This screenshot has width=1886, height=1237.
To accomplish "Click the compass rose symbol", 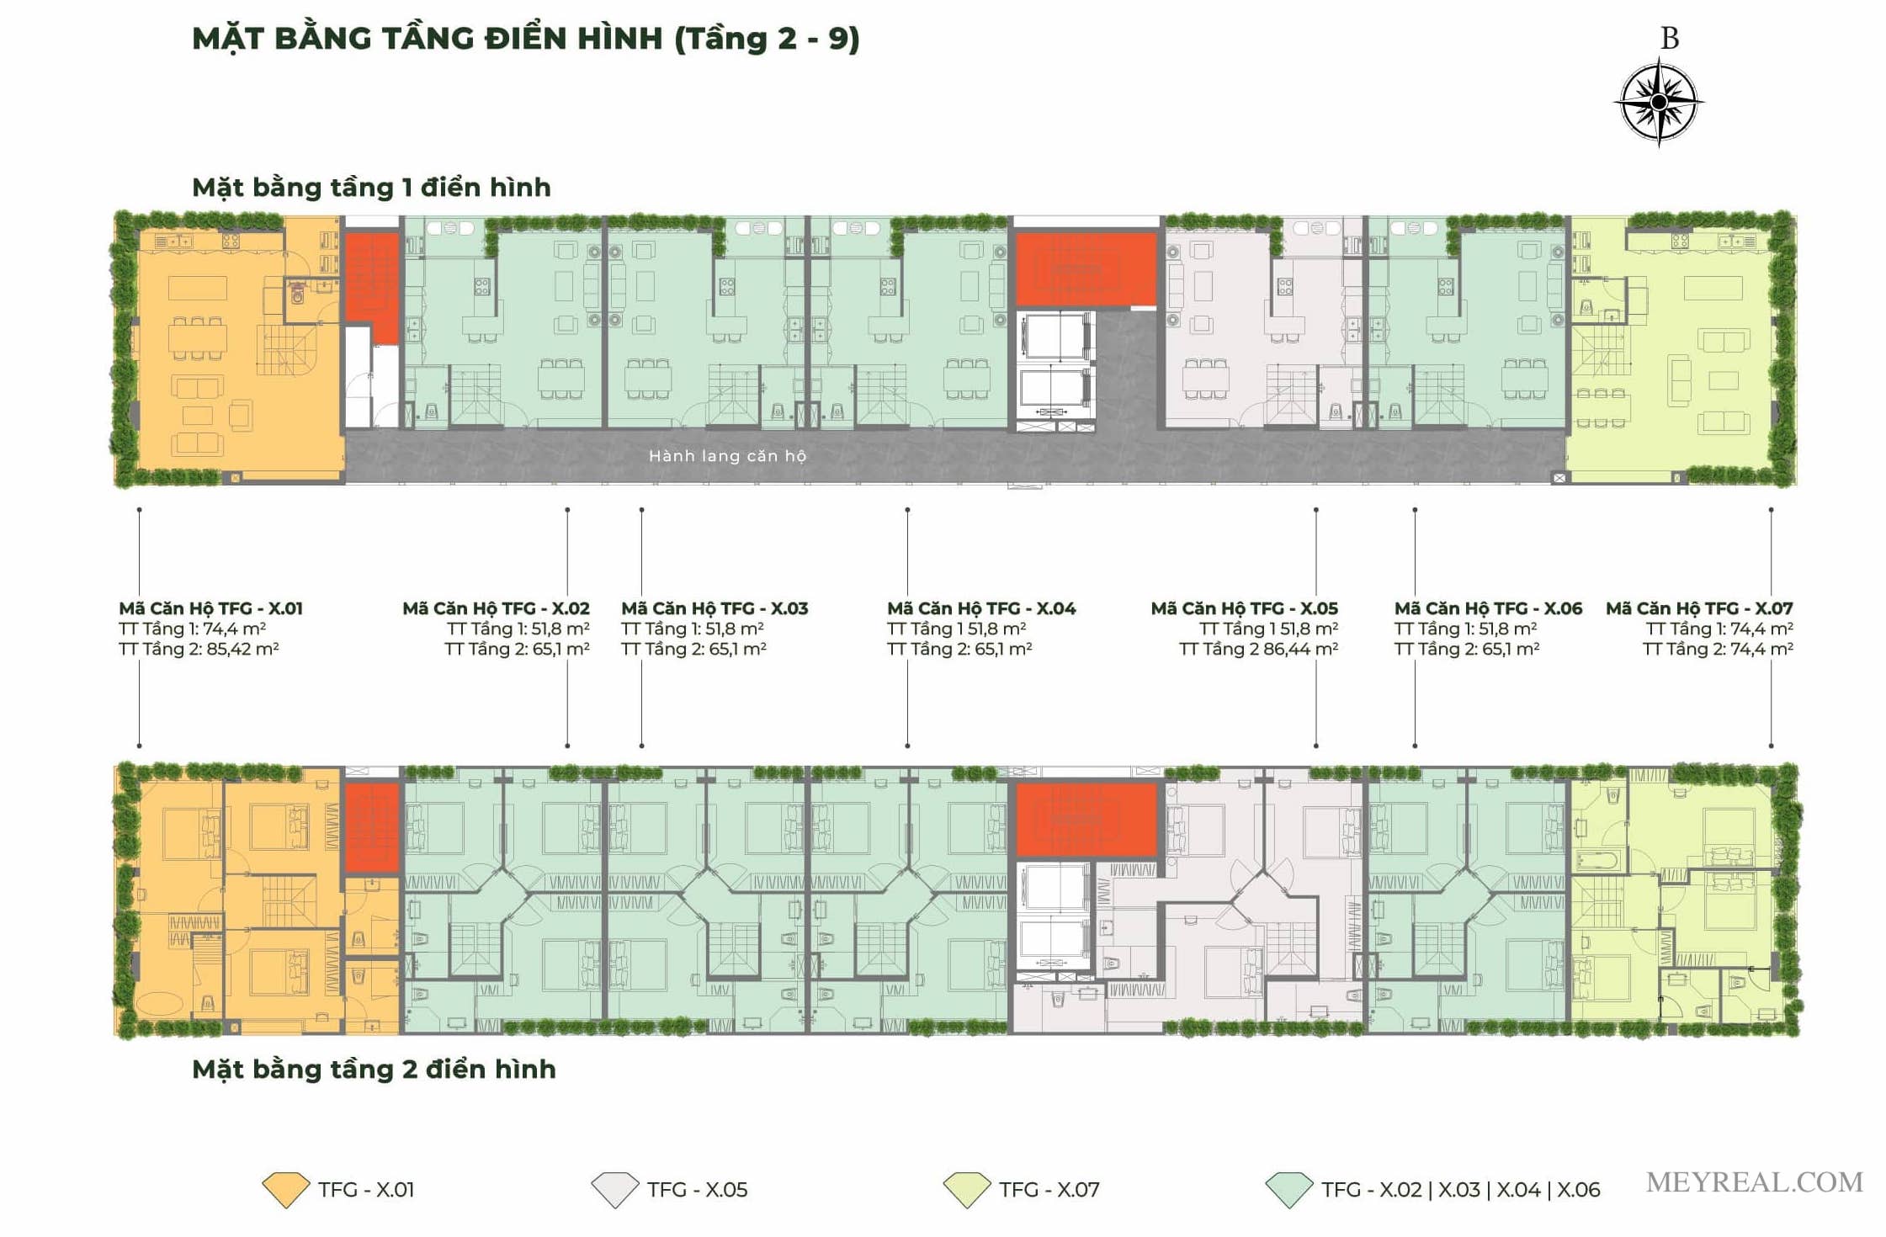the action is (x=1658, y=102).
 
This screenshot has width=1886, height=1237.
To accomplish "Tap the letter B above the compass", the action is (x=1670, y=38).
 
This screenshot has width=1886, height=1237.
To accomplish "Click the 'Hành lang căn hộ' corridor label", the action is (x=727, y=456).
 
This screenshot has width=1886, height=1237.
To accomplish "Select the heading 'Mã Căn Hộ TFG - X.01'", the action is (x=210, y=608).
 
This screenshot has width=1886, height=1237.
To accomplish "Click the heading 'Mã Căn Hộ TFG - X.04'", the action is (x=981, y=608).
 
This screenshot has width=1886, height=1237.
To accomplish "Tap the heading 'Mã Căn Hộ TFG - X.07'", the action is (x=1699, y=608).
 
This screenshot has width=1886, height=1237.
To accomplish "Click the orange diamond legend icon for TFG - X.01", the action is (x=286, y=1190).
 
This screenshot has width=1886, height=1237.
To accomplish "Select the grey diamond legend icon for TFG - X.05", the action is (x=615, y=1190).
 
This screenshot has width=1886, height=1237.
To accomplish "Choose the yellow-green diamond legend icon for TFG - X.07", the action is (x=967, y=1190).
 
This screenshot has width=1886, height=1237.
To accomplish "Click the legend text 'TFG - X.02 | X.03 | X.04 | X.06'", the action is (x=1460, y=1190).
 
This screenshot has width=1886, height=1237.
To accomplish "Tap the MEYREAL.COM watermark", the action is (x=1755, y=1182).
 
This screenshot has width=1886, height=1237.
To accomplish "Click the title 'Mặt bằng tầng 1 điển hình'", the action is (x=371, y=187).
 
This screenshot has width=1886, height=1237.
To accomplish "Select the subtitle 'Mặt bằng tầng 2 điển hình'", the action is (x=374, y=1069).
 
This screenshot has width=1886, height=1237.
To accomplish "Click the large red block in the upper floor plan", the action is (x=1086, y=269).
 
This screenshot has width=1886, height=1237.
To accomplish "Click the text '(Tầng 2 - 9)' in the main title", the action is (x=767, y=39).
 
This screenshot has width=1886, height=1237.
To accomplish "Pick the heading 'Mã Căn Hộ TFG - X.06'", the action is (x=1488, y=608).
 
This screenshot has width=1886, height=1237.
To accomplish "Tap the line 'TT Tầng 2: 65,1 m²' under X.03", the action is (x=693, y=649).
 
